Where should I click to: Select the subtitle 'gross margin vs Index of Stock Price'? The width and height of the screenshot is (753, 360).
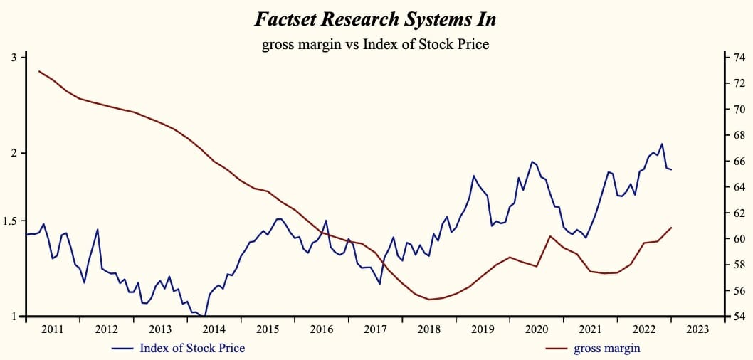[376, 45]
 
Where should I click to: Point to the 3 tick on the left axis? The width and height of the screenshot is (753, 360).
[14, 57]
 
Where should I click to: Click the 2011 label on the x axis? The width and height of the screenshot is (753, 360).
[53, 329]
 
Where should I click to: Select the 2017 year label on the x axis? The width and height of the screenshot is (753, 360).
[375, 329]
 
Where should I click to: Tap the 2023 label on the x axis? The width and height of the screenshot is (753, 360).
[697, 329]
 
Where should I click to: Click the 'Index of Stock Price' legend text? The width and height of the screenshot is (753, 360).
[192, 348]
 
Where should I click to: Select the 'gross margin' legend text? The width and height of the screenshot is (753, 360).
[607, 348]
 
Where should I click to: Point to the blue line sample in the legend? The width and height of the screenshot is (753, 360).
[123, 349]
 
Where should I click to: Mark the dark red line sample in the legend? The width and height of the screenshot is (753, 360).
[557, 349]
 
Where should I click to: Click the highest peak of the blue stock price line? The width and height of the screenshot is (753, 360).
[662, 144]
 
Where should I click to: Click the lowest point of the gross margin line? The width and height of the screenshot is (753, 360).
[429, 300]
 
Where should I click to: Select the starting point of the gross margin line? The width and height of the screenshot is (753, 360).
[38, 71]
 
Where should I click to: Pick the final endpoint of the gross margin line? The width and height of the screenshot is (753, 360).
[671, 228]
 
